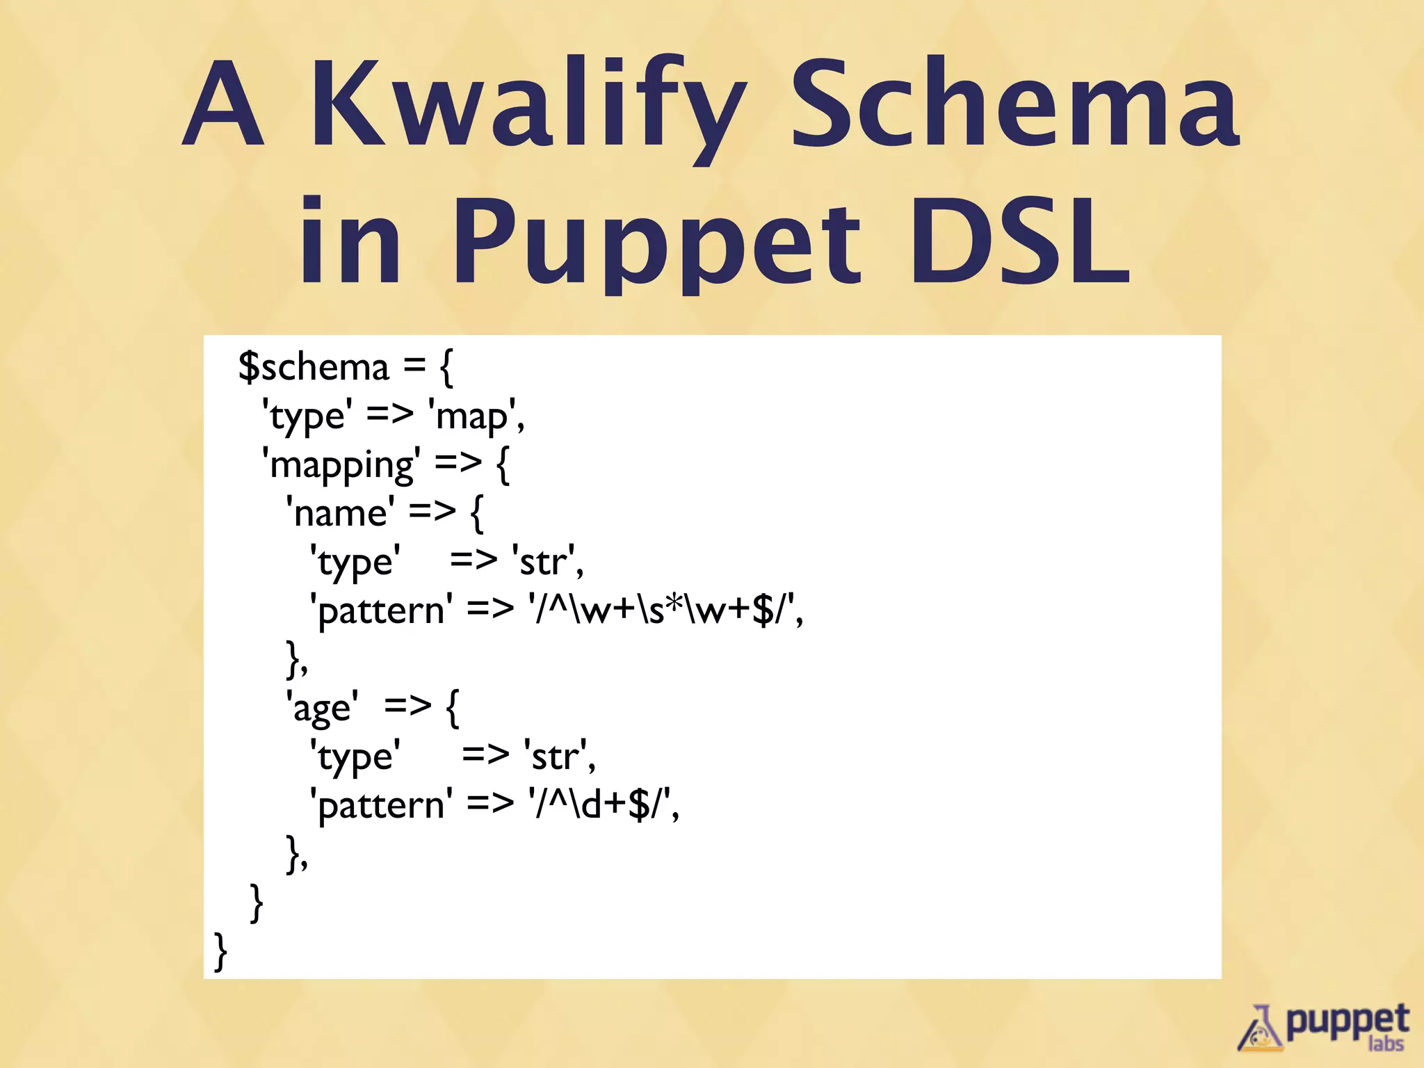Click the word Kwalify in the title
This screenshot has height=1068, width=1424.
point(528,104)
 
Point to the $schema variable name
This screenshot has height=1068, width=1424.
point(314,366)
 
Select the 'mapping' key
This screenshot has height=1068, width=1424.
point(341,464)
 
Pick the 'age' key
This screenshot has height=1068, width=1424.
point(323,708)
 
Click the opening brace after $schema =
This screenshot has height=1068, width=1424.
point(446,367)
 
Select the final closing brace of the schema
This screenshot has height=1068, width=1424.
point(220,951)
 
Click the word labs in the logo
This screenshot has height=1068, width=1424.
point(1386,1043)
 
